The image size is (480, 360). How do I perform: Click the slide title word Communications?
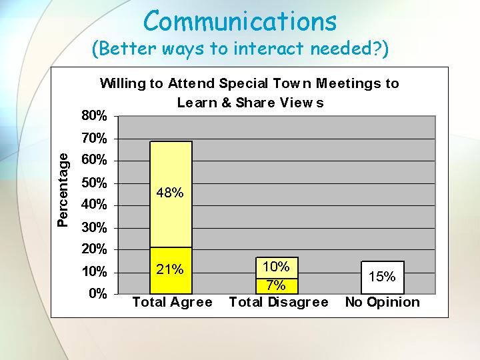pos(240,21)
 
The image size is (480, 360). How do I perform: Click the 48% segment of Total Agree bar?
pos(171,195)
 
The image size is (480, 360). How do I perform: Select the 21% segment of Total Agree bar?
pos(171,271)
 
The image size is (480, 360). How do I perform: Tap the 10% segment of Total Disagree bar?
pos(277,268)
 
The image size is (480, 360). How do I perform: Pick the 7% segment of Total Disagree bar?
pos(277,286)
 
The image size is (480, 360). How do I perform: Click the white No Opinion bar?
pos(383,277)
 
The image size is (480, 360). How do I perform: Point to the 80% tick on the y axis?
pos(94,116)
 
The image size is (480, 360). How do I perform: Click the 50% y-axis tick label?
pos(94,183)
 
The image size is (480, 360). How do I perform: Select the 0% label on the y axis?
pos(98,293)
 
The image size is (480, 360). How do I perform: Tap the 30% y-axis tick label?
pos(94,228)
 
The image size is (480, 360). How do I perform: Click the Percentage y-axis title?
pos(63,190)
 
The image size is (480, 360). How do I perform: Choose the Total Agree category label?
pos(173,302)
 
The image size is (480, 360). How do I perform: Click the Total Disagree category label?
pos(279,302)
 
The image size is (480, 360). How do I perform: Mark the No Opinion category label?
pos(383,302)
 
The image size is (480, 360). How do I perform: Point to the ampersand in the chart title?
pos(226,103)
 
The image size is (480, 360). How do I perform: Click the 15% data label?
pos(382,277)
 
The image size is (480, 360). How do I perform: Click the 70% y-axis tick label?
pos(94,139)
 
